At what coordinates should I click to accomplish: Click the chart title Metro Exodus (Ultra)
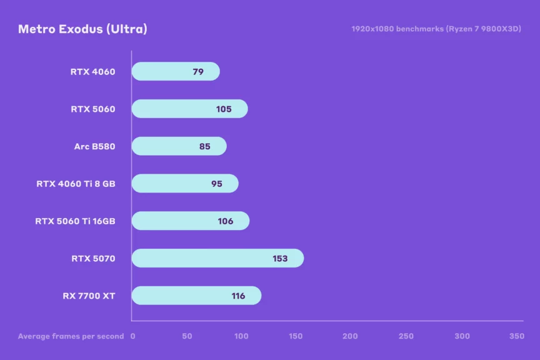point(82,29)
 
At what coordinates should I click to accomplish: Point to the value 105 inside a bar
point(224,109)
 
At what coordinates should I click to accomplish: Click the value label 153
point(280,258)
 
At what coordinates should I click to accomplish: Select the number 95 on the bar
point(217,184)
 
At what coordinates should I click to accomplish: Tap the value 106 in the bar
point(226,221)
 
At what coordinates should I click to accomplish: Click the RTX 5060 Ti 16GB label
point(75,221)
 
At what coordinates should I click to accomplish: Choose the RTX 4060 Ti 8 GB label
point(76,184)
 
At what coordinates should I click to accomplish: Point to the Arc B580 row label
point(94,146)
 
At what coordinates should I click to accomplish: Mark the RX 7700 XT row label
point(89,296)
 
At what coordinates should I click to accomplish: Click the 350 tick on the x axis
point(516,336)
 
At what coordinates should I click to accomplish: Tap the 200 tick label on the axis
point(351,336)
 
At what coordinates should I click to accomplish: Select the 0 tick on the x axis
point(132,336)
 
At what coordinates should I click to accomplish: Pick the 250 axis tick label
point(406,336)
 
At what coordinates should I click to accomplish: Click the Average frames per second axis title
point(71,336)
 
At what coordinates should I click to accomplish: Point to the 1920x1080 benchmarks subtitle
point(436,29)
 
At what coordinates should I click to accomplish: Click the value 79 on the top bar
point(198,71)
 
